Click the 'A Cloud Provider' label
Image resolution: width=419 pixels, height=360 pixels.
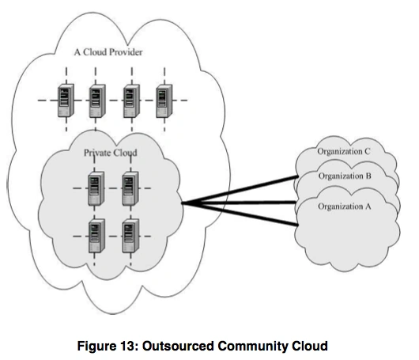108,52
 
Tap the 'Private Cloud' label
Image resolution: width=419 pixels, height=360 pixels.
111,153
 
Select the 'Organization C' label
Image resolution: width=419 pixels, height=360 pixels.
344,151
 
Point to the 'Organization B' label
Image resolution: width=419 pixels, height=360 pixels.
345,176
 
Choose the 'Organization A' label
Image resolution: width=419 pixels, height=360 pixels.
345,207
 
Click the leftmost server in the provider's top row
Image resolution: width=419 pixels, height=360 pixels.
66,100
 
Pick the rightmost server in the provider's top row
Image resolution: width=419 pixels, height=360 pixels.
164,100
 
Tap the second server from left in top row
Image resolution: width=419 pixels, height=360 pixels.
97,100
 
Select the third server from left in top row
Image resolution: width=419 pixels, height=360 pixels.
131,100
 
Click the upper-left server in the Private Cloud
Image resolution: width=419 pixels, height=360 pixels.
96,188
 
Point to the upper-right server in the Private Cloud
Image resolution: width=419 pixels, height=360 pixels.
130,188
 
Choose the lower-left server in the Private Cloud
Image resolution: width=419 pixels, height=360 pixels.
96,236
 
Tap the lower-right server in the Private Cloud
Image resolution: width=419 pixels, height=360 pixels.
130,236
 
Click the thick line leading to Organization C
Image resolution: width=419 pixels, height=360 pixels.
240,190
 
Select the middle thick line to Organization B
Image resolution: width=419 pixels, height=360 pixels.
240,203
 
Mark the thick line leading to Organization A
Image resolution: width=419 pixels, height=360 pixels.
240,214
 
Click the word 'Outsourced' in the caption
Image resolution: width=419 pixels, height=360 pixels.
178,346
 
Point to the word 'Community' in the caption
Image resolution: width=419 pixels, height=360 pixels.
253,346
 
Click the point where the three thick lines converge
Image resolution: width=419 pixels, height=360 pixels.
183,203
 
